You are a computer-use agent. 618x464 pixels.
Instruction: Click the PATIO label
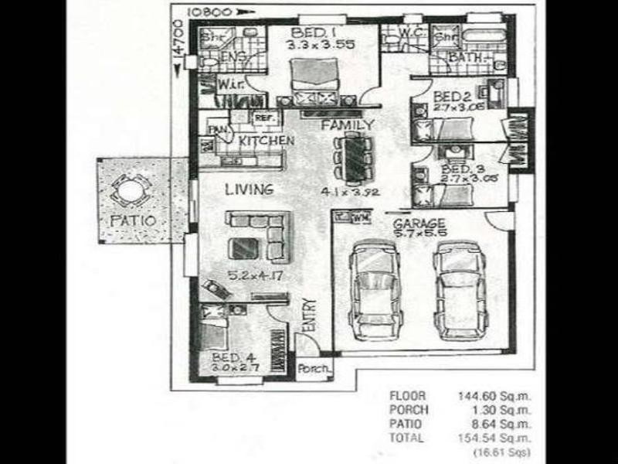[x=133, y=220]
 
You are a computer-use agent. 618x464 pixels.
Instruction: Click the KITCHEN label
[x=265, y=142]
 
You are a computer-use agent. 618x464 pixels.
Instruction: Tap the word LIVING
[x=249, y=189]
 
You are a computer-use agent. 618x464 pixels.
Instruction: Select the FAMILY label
[x=348, y=125]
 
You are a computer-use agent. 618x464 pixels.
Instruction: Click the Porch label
[x=314, y=369]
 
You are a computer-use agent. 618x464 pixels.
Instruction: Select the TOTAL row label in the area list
[x=406, y=438]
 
